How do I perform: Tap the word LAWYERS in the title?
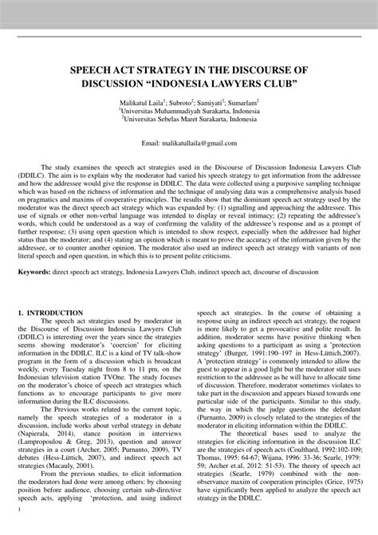(236, 83)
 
